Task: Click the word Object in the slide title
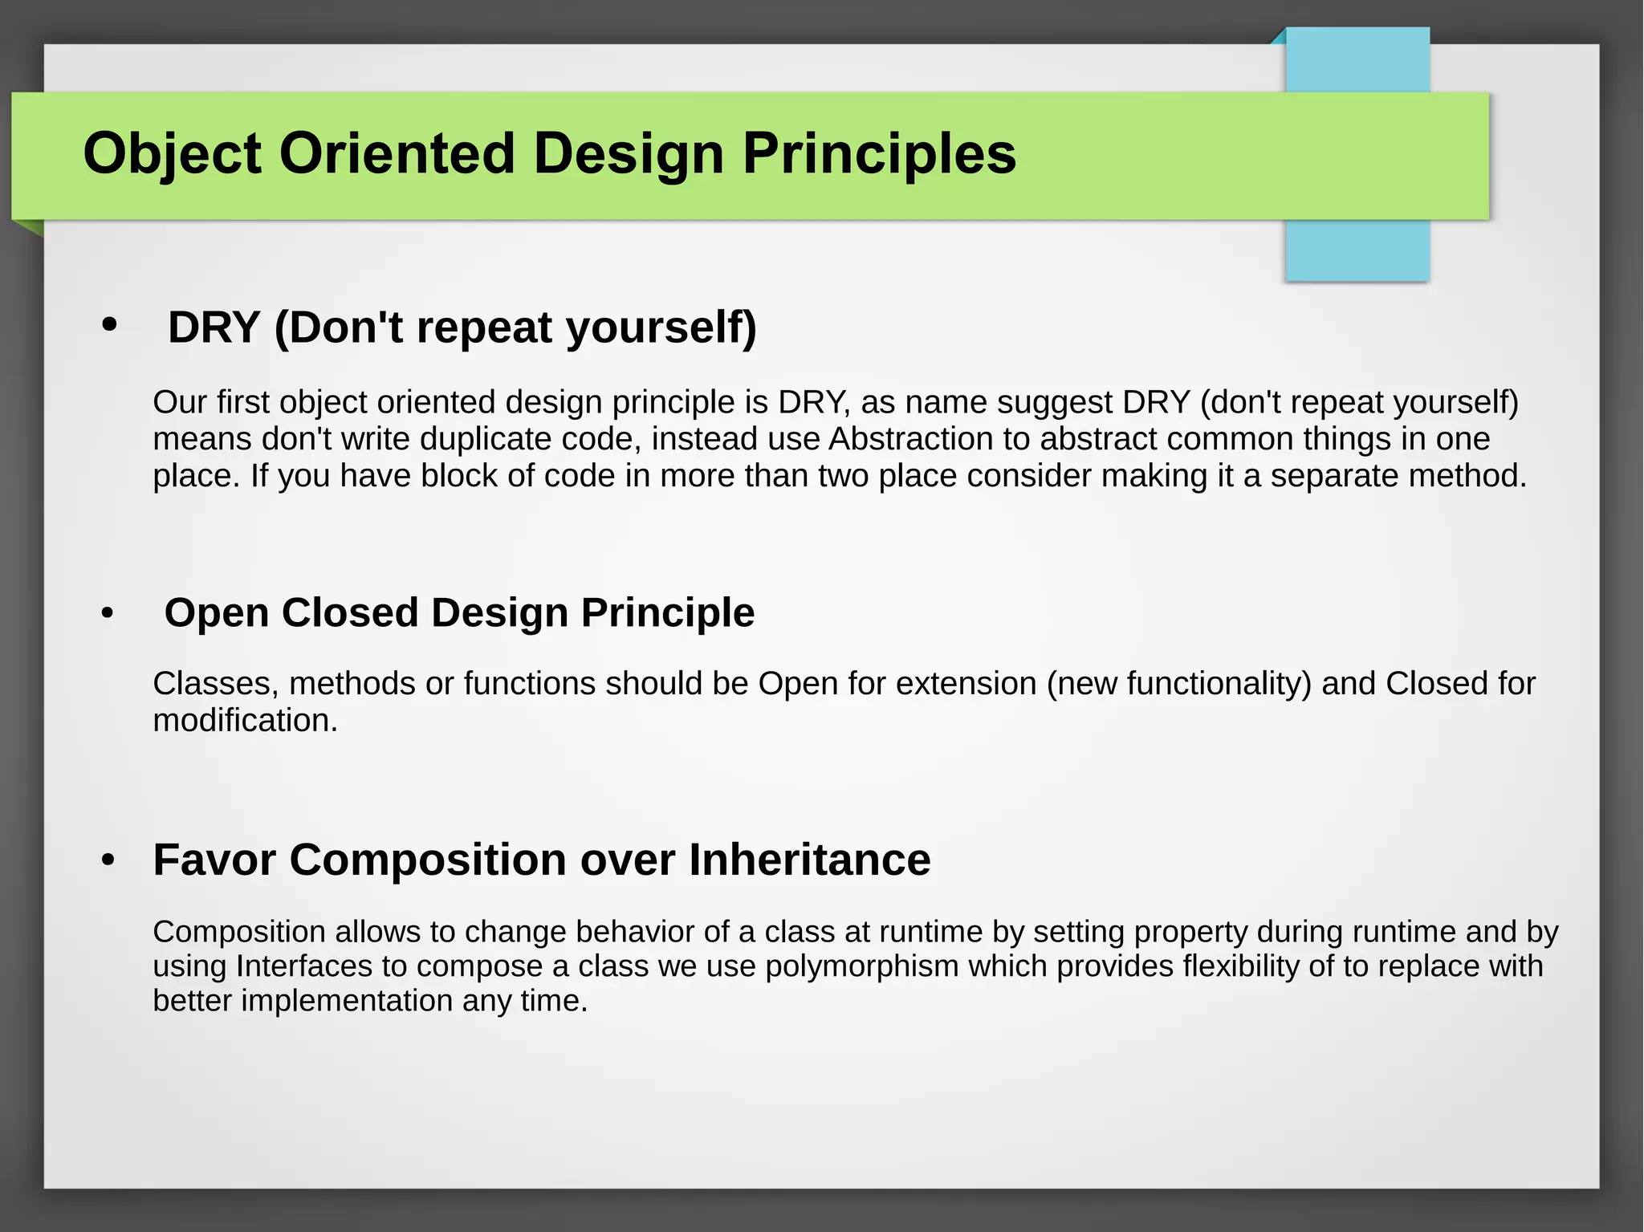coord(172,153)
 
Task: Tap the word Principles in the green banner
coord(879,153)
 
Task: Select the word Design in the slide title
coord(629,153)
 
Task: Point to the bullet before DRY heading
coord(109,325)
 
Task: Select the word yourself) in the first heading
coord(661,327)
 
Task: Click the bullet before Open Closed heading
coord(108,614)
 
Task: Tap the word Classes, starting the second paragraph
coord(215,684)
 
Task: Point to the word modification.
coord(245,721)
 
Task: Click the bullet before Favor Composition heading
coord(108,860)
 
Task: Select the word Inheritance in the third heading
coord(809,860)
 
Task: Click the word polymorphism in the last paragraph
coord(861,966)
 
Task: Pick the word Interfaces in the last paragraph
coord(303,966)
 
